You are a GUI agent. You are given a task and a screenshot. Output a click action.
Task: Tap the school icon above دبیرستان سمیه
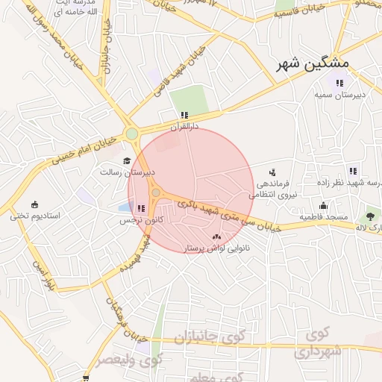coord(339,83)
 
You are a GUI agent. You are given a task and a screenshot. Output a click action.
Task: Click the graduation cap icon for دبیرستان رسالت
coord(127,160)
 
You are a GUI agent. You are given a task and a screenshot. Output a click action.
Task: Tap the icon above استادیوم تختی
coord(34,204)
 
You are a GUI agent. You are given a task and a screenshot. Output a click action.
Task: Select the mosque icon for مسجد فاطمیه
coord(323,206)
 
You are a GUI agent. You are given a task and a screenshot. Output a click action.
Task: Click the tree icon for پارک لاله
coord(369,214)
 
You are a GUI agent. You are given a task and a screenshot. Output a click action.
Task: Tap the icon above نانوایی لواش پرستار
coord(216,236)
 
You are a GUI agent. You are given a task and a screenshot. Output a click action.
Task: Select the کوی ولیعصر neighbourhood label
coord(129,360)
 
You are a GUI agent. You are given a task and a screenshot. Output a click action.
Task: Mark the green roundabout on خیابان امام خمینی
coord(132,134)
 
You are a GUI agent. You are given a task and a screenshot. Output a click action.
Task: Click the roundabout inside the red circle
coord(155,194)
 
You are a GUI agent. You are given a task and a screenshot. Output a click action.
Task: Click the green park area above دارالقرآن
coord(187,100)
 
